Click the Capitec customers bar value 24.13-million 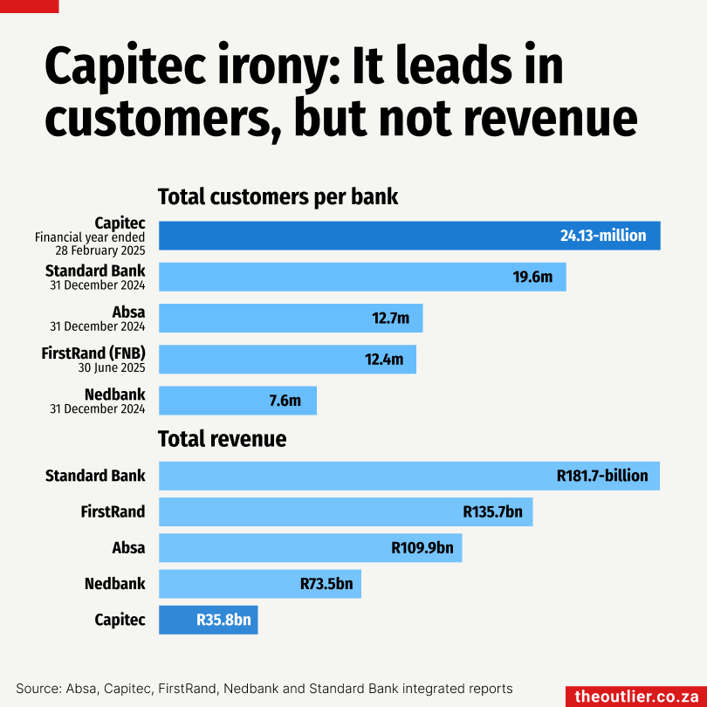point(602,236)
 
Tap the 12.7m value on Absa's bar point(390,319)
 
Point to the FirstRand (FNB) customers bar point(287,359)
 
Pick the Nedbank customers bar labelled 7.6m point(237,401)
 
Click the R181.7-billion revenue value point(602,476)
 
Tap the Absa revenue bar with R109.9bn point(310,548)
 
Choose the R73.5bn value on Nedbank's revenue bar point(326,584)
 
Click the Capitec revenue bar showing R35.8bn point(209,620)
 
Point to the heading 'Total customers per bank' point(278,196)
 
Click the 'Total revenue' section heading point(222,438)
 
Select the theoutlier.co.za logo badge point(635,696)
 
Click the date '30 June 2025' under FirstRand point(112,368)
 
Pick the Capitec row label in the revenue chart point(120,620)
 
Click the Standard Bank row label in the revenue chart point(96,476)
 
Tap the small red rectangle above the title point(30,6)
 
